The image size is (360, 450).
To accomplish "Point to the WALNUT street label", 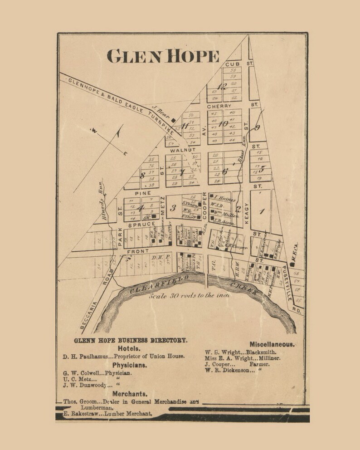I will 183,150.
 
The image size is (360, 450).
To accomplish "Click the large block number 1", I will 261,211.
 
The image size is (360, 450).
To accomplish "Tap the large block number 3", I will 172,208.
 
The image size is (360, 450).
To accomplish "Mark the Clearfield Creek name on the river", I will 195,289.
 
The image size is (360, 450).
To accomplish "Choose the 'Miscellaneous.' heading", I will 272,344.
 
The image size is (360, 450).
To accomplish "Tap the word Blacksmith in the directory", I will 261,352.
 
